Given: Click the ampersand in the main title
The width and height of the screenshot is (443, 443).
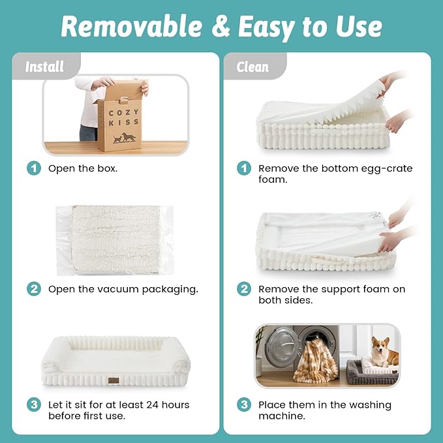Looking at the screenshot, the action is pos(221,27).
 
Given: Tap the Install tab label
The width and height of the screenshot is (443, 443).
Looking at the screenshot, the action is pos(44,67).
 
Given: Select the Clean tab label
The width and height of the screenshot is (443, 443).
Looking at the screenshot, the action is pos(252,67).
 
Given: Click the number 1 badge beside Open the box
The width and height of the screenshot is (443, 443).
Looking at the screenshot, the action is pos(34,168).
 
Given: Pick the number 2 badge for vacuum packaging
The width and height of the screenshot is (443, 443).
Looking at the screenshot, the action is pos(34,289).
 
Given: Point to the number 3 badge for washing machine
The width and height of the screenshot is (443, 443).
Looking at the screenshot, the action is pos(244,405).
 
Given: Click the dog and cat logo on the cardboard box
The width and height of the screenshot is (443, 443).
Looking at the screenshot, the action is pos(125,138).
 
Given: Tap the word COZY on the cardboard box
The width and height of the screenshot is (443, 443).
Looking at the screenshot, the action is pos(124,112).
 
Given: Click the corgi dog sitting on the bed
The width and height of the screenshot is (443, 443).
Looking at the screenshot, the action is pos(384,352).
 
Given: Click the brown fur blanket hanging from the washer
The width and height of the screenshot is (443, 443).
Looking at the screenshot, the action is pos(316,361).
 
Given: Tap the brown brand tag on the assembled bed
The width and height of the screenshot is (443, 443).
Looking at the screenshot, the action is pos(114,380).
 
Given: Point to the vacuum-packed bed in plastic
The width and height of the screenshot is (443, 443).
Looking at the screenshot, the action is pos(115,240).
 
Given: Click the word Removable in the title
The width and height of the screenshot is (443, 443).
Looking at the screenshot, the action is pos(132,26).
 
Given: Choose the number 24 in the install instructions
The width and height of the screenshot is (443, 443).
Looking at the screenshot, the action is pos(152,405).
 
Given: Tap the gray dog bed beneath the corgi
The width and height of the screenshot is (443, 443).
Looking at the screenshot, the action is pos(371,373).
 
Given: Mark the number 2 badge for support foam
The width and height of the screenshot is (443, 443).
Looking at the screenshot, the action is pos(244,289).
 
